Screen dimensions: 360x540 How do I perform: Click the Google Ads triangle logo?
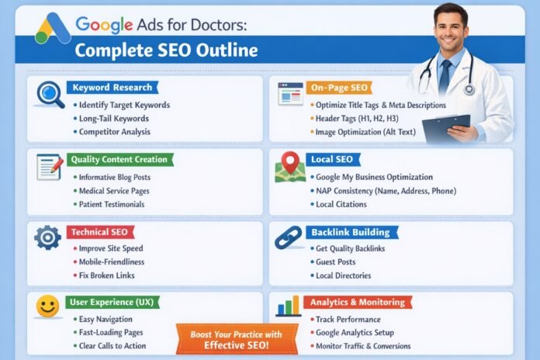[x=53, y=29]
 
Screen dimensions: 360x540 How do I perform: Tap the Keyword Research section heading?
[x=112, y=88]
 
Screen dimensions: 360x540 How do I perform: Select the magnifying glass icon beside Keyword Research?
[x=50, y=94]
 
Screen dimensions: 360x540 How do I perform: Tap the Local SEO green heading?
[x=333, y=159]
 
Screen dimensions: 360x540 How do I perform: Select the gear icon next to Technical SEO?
[x=48, y=237]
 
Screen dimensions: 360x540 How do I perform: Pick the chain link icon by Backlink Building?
[x=289, y=237]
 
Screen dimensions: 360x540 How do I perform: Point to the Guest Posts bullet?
[x=335, y=262]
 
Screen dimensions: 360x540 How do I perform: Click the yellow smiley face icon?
[x=48, y=307]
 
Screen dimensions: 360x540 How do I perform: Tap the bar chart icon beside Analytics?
[x=289, y=306]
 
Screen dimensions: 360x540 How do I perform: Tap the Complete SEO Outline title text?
[x=166, y=52]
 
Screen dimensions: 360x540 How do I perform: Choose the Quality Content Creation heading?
[x=119, y=159]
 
